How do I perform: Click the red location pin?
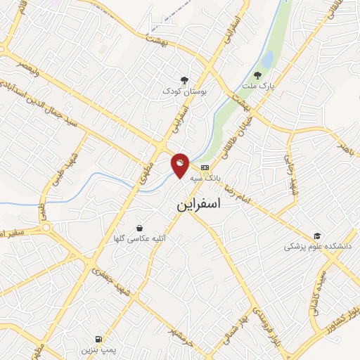[x=181, y=165]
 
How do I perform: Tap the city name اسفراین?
[x=196, y=205]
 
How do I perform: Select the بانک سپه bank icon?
[x=205, y=167]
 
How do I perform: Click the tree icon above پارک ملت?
[x=257, y=75]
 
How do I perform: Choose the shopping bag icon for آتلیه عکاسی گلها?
[x=141, y=229]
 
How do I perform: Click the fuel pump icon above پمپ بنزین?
[x=108, y=338]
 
